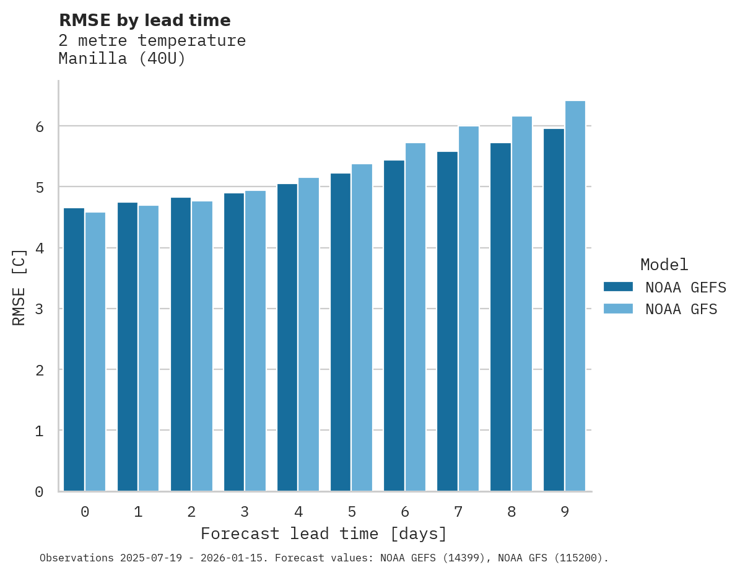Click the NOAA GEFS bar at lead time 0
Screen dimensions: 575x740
coord(74,350)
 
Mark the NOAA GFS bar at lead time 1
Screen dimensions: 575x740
coord(149,348)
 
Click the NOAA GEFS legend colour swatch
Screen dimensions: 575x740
coord(618,287)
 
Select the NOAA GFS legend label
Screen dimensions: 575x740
coord(681,309)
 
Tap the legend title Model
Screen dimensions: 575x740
coord(664,265)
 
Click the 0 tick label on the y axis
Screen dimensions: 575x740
coord(39,492)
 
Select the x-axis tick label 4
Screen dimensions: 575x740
coord(298,512)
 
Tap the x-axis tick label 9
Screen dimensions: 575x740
coord(565,512)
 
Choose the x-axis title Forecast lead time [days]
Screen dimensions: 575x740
coord(323,534)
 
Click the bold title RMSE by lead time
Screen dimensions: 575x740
coord(144,20)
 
